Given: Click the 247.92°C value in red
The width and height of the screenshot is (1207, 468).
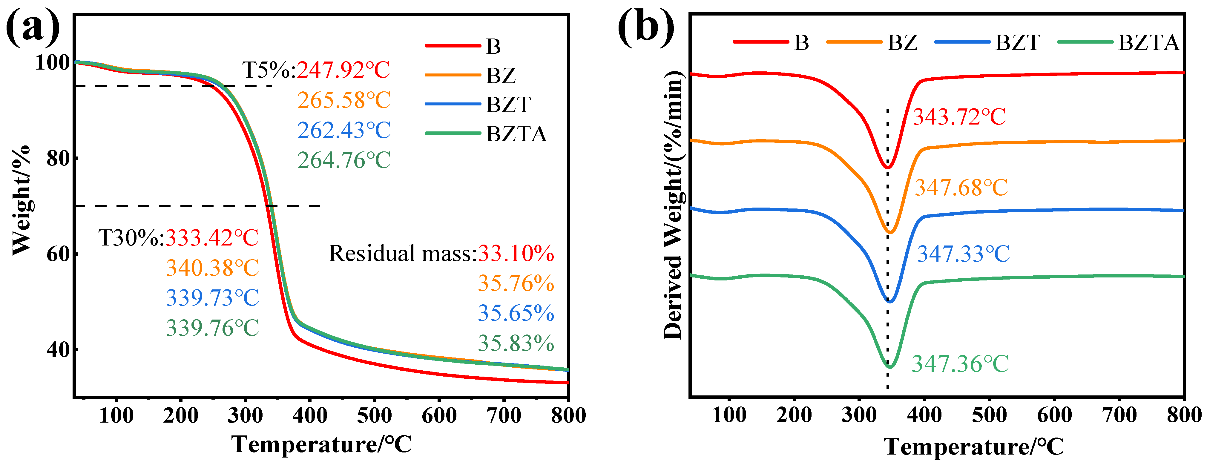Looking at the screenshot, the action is (x=343, y=70).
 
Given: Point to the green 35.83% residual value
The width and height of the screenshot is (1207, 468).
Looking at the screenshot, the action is (x=516, y=343).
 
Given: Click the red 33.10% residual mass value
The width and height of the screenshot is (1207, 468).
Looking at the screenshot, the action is (x=516, y=254).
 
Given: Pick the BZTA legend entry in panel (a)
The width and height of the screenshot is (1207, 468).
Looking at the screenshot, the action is (x=486, y=134).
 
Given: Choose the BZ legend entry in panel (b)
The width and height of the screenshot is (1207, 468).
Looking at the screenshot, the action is (x=872, y=43).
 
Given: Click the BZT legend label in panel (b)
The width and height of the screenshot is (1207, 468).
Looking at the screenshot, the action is (x=1018, y=43).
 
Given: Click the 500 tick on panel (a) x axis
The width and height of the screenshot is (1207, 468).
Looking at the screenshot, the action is (x=374, y=415).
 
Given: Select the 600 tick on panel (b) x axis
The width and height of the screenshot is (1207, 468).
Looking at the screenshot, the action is (x=1054, y=415).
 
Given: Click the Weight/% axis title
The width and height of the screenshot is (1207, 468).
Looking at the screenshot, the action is (x=22, y=200).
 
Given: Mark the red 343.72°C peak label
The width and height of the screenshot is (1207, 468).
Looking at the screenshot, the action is (x=959, y=117).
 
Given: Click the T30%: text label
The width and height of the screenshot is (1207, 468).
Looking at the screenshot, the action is (x=131, y=238).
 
